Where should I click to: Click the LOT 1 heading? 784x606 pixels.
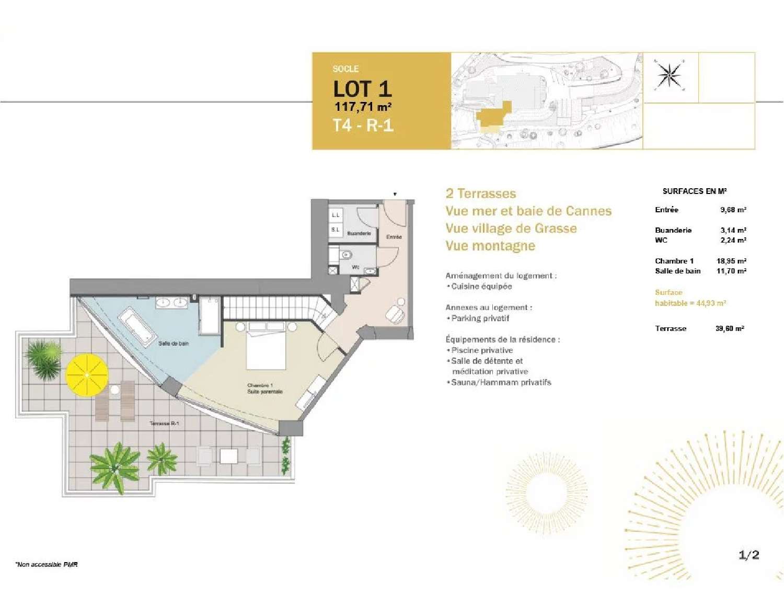[362, 89]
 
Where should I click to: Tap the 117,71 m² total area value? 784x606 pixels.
[363, 107]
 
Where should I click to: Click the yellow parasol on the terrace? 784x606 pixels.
[87, 375]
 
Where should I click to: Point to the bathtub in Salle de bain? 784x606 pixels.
[137, 326]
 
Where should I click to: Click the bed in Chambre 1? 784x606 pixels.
[266, 345]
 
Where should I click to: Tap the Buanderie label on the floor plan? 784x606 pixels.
[359, 233]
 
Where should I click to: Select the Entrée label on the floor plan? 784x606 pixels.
[394, 237]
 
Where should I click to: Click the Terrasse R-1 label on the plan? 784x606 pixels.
[164, 423]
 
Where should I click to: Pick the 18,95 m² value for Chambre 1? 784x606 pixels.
[731, 261]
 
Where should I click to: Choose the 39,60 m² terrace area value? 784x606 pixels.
[730, 328]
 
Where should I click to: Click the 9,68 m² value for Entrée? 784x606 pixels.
[733, 210]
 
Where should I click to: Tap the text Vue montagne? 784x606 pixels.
[490, 246]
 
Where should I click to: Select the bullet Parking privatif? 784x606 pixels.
[480, 318]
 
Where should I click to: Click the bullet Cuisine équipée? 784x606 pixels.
[481, 286]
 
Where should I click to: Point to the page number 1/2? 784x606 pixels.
[748, 555]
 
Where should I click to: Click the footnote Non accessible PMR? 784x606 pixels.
[47, 564]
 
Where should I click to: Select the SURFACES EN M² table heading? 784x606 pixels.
[695, 191]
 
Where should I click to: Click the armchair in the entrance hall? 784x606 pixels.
[394, 314]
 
